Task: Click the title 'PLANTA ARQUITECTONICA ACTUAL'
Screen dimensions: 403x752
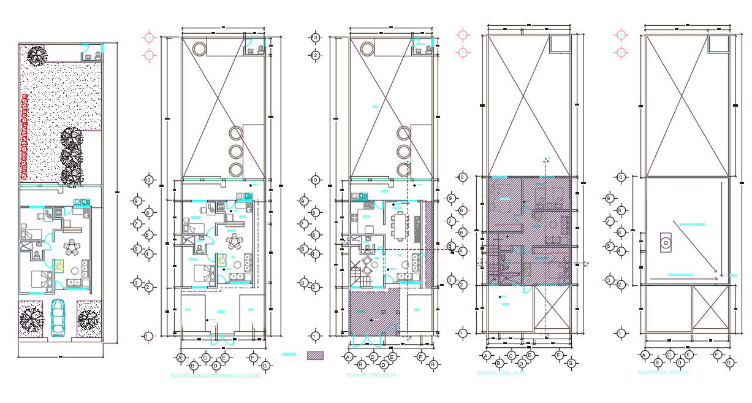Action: coord(216,375)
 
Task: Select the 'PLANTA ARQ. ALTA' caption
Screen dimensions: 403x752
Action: coord(501,373)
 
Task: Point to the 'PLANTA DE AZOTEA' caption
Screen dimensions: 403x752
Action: coord(663,372)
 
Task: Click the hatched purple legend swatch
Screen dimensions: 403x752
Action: coord(315,355)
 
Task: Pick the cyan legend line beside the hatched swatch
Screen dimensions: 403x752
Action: coord(289,355)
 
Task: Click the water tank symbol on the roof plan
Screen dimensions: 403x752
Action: coord(664,244)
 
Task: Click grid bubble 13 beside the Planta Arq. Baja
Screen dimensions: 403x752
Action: coord(316,38)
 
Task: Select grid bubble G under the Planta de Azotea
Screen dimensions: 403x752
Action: coord(729,364)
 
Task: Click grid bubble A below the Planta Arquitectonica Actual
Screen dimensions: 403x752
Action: coord(181,357)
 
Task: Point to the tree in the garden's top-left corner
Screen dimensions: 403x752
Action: coord(36,56)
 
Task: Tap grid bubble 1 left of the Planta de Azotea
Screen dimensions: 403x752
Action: coord(621,334)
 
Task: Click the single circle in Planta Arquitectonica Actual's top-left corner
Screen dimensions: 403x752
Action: coord(200,48)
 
